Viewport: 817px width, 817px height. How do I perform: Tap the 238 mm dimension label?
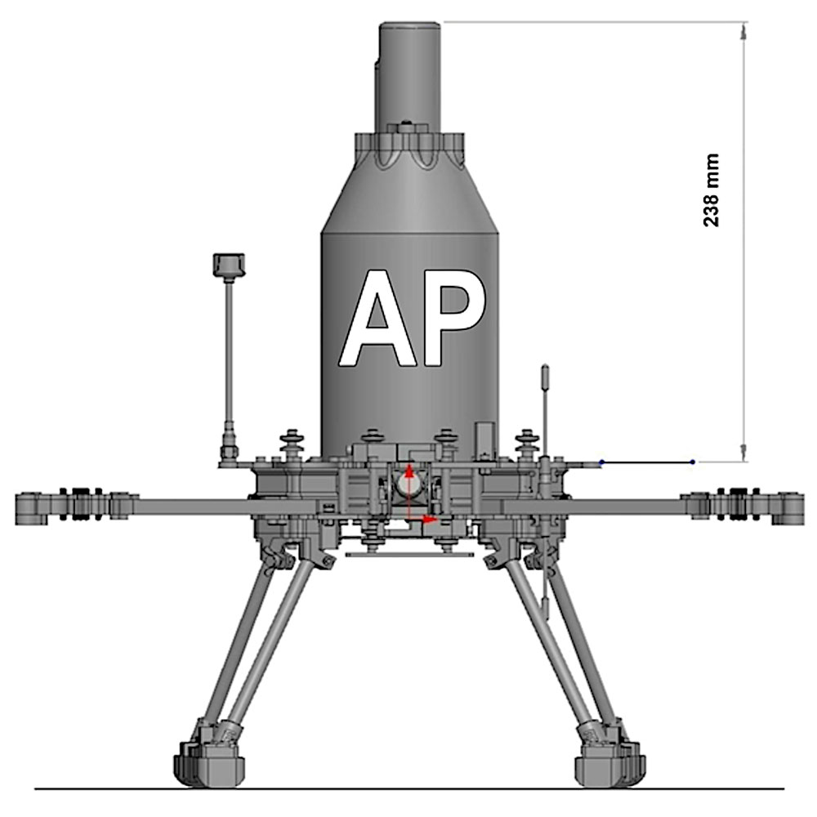[711, 190]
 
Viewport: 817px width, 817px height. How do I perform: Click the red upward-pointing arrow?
[409, 491]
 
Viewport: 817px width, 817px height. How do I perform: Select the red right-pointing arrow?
[422, 519]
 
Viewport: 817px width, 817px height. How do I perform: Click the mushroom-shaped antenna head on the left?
[229, 266]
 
